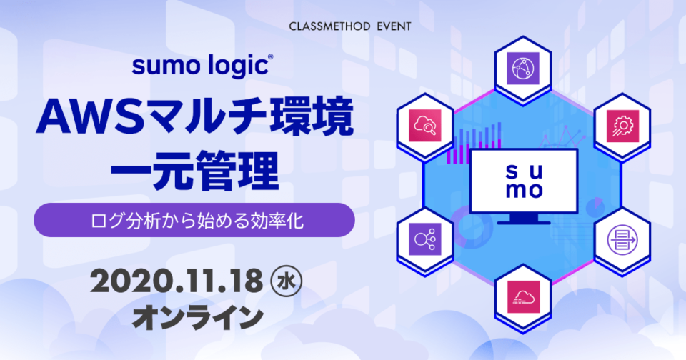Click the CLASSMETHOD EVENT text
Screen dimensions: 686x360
350,26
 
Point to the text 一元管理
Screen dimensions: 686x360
194,171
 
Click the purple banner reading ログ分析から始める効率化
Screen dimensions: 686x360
194,220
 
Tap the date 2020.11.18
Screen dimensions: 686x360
177,281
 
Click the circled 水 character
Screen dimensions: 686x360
287,281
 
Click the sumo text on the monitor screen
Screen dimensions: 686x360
524,181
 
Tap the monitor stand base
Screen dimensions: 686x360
524,221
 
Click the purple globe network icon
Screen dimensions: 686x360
523,69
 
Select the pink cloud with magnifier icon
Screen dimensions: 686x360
424,126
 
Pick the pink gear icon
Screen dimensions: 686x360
622,126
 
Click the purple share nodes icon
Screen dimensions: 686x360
424,239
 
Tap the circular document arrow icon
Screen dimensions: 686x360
622,240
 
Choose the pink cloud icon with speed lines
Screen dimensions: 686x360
524,297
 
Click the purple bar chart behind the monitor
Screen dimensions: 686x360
474,142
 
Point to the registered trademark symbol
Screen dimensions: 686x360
270,57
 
